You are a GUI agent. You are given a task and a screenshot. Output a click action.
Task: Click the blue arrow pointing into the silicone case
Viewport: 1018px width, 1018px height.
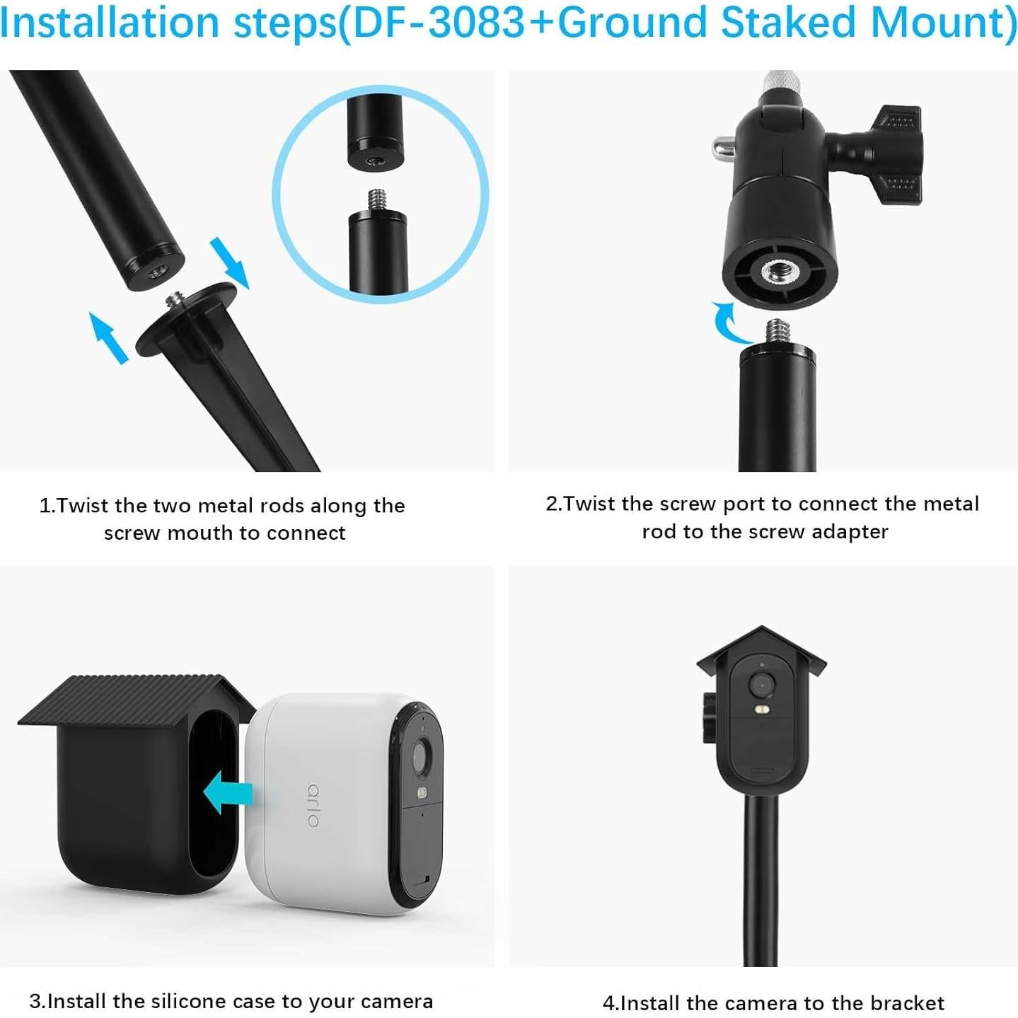click(228, 792)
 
